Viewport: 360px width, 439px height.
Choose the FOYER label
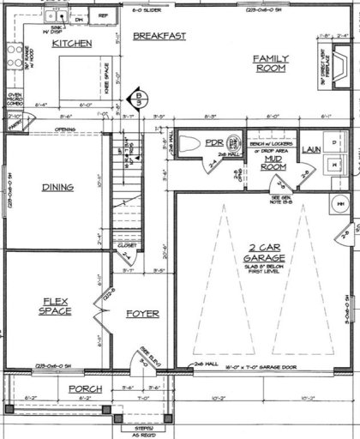(142, 314)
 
